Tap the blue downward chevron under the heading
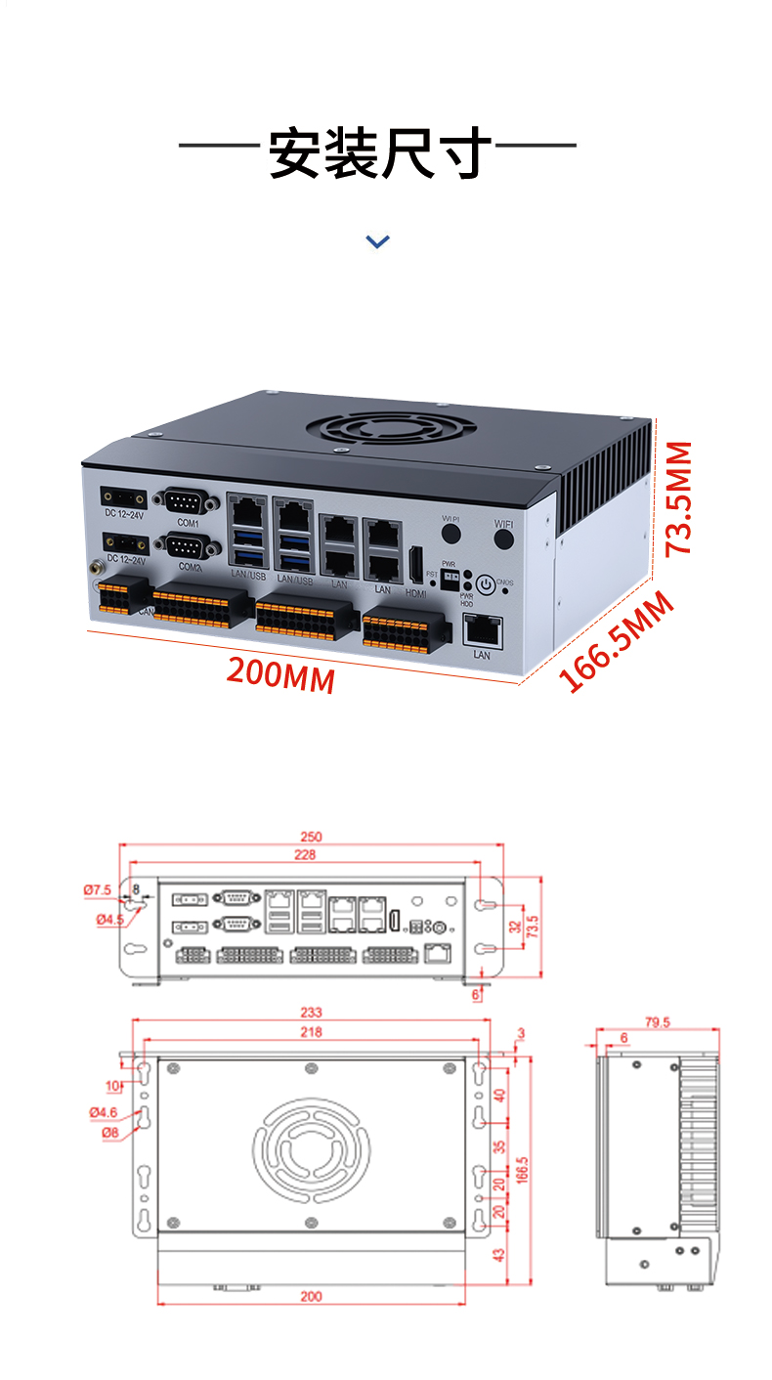[377, 240]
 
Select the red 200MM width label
[280, 674]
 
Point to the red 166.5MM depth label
[618, 641]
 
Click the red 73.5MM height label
[678, 497]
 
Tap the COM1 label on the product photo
[188, 524]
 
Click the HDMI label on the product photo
[416, 593]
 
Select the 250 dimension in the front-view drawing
[311, 838]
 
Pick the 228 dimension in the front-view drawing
[304, 856]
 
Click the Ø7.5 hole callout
[97, 889]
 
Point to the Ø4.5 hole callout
[108, 920]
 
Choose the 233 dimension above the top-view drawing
[311, 1013]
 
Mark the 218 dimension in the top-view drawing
[311, 1032]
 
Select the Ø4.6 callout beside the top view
[103, 1112]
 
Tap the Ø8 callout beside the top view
[109, 1132]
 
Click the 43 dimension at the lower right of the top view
[500, 1255]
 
